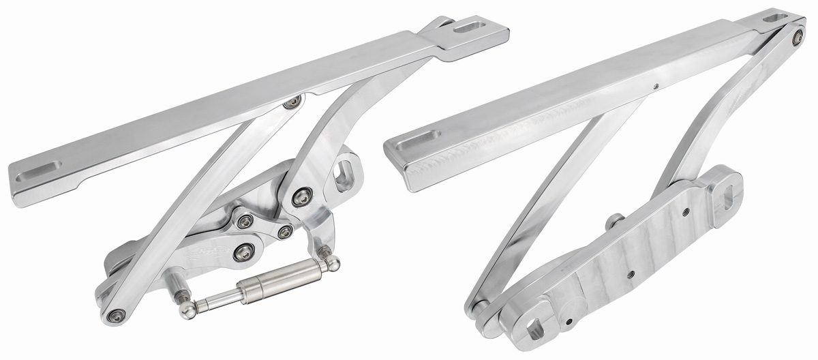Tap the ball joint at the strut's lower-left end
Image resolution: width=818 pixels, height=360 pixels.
[x=185, y=311]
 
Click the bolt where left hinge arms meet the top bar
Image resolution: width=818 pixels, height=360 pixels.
[x=292, y=104]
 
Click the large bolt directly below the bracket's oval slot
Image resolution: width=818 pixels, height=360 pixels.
[x=302, y=198]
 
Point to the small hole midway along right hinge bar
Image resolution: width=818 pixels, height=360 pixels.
[x=655, y=87]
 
